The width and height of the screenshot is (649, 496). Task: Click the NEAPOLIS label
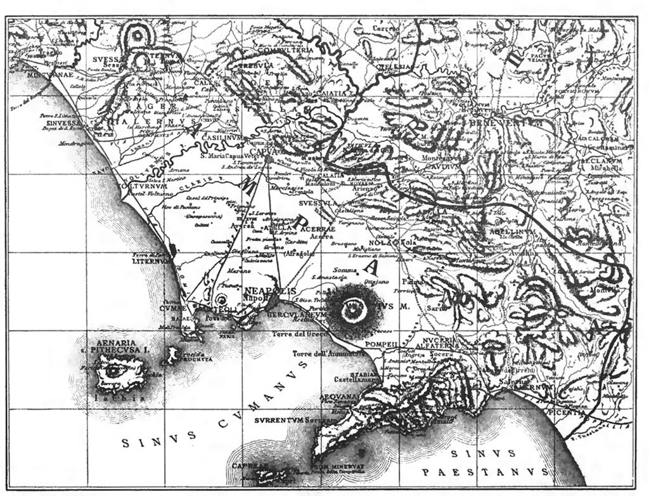pos(270,290)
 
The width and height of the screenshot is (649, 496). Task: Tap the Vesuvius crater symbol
pos(353,309)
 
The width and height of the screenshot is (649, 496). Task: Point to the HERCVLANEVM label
pos(302,315)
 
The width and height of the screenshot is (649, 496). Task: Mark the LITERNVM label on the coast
pos(151,261)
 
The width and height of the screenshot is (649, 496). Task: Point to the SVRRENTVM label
pos(278,420)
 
